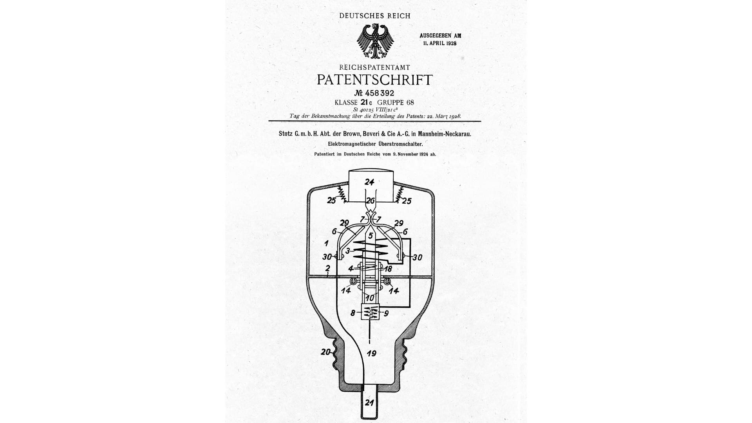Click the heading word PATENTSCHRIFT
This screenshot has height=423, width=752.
374,80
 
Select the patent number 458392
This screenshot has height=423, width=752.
380,94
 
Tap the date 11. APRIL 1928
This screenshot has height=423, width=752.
440,43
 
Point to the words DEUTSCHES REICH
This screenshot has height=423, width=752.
375,16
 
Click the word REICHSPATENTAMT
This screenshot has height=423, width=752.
374,68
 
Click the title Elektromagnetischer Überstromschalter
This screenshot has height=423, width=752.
375,144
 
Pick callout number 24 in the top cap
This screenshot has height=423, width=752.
369,182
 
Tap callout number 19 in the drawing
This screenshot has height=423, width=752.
371,353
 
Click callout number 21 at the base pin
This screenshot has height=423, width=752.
369,402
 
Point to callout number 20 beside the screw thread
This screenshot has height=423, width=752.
325,352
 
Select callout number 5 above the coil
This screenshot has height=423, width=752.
370,236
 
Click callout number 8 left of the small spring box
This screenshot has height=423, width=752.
353,313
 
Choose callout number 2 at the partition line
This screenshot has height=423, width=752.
327,269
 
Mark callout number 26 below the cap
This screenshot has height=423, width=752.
370,201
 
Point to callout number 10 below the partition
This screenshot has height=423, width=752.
370,298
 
